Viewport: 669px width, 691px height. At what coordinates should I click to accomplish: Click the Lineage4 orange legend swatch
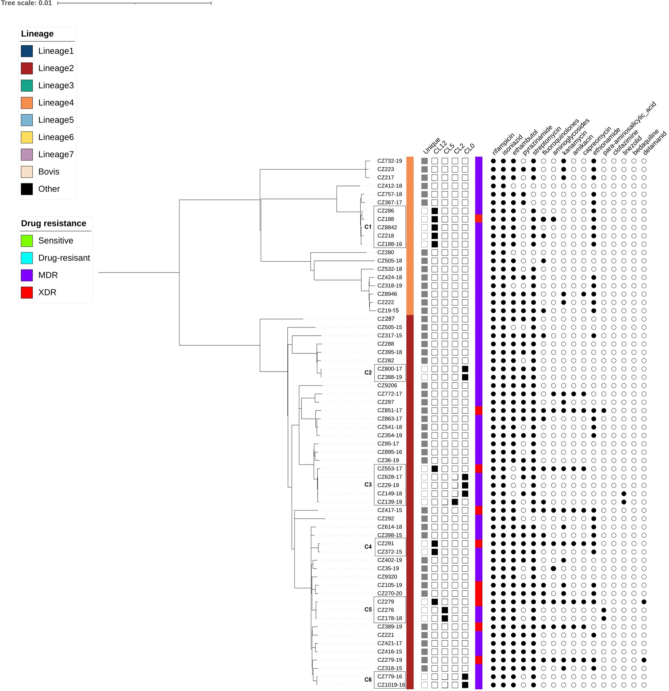[x=27, y=103]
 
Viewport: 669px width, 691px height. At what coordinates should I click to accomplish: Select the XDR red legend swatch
[x=27, y=292]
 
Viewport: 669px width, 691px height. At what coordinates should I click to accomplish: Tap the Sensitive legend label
[x=56, y=241]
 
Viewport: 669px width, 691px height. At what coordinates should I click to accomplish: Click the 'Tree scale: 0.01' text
[x=26, y=3]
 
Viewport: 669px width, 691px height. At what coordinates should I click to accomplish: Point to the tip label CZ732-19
[x=389, y=161]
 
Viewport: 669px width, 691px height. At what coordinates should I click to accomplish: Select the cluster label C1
[x=368, y=227]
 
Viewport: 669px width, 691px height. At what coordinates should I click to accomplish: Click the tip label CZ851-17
[x=389, y=410]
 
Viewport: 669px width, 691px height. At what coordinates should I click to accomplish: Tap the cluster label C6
[x=368, y=680]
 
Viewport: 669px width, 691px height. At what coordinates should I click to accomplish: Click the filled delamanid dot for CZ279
[x=644, y=602]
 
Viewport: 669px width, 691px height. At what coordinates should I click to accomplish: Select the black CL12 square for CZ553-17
[x=434, y=469]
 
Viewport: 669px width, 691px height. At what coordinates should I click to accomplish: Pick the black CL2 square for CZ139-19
[x=455, y=502]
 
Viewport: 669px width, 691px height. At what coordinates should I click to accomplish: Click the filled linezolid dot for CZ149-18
[x=624, y=493]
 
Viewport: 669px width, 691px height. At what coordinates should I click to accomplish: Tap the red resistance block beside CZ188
[x=479, y=219]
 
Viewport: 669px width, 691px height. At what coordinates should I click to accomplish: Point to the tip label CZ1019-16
[x=391, y=685]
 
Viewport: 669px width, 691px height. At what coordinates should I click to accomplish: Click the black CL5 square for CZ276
[x=445, y=610]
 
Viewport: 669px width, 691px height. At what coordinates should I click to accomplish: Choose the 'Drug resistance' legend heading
[x=54, y=223]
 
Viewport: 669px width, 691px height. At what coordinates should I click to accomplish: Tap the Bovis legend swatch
[x=27, y=172]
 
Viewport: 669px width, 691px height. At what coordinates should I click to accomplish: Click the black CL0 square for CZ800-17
[x=465, y=369]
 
